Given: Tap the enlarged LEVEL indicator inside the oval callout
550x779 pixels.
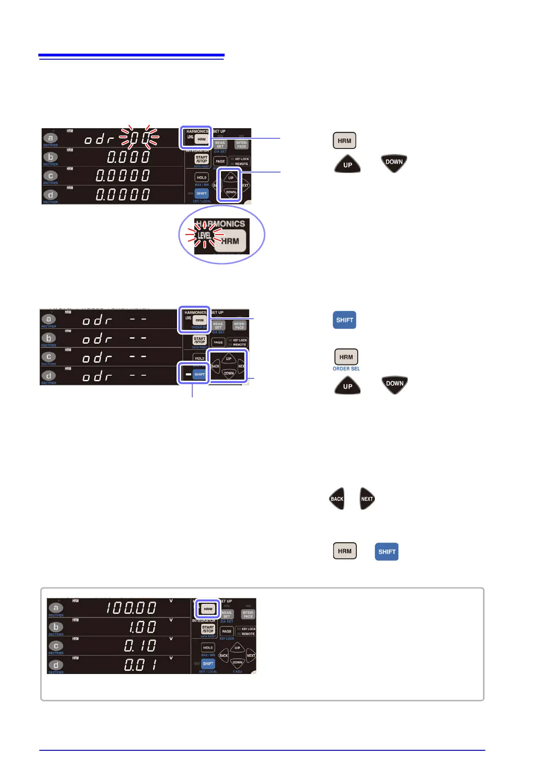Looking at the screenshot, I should (x=204, y=235).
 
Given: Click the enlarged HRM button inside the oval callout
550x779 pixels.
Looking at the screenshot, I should (x=230, y=241).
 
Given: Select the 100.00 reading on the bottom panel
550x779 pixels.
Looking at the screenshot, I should (x=132, y=607).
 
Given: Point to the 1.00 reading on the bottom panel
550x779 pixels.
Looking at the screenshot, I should (x=142, y=627).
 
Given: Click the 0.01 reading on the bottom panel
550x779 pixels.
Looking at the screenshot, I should (x=141, y=665).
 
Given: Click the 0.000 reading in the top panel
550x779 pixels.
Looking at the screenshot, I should (x=128, y=157).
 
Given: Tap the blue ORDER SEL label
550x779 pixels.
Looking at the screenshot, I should (x=346, y=369).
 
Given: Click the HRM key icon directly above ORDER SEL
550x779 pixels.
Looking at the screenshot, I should (x=346, y=357).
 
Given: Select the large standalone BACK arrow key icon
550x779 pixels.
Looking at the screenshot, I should (x=337, y=499).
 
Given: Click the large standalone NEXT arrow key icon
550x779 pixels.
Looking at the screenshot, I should (x=367, y=499).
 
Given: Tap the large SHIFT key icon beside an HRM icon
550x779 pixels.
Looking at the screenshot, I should (x=386, y=551).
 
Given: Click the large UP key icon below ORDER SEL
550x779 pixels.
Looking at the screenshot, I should (x=348, y=386).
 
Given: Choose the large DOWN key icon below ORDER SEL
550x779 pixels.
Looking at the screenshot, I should (x=395, y=384).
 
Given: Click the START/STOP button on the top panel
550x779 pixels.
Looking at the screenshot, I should (x=202, y=159).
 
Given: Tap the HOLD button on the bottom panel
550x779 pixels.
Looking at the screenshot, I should (x=208, y=648).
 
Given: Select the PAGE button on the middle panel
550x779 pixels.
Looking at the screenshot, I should (x=218, y=342).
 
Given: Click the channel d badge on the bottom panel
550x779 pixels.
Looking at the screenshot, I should (x=56, y=665).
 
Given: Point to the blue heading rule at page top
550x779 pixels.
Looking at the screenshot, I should (x=131, y=56).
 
